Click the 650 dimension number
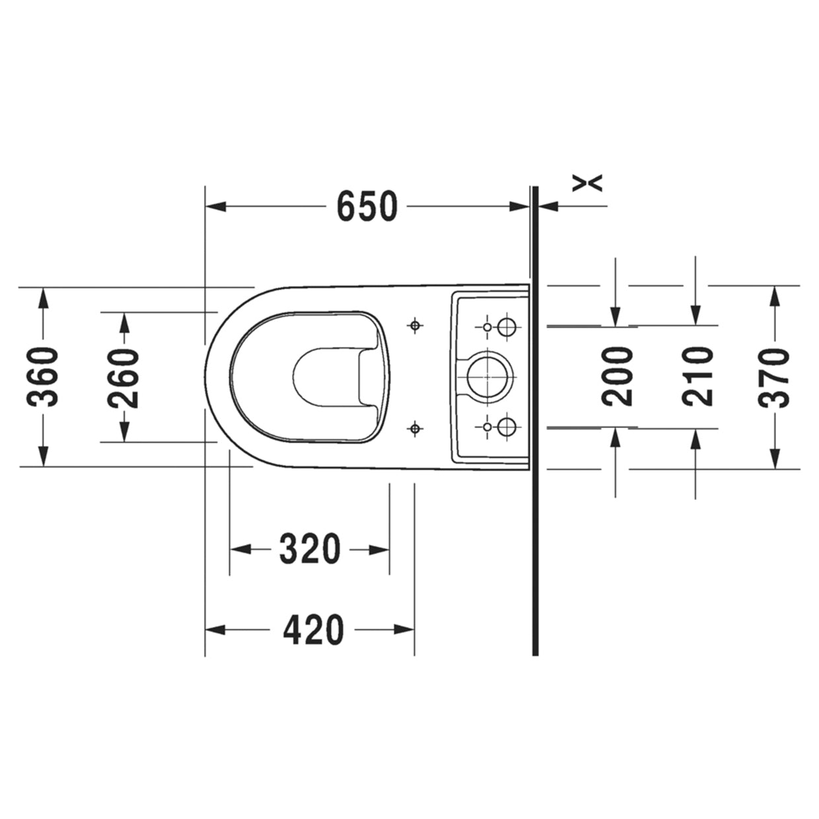coord(367,207)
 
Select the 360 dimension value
coord(42,376)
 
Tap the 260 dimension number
coord(124,378)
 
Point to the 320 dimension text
coord(310,549)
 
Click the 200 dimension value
coord(617,376)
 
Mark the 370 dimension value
coord(774,378)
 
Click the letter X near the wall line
coord(587,183)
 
